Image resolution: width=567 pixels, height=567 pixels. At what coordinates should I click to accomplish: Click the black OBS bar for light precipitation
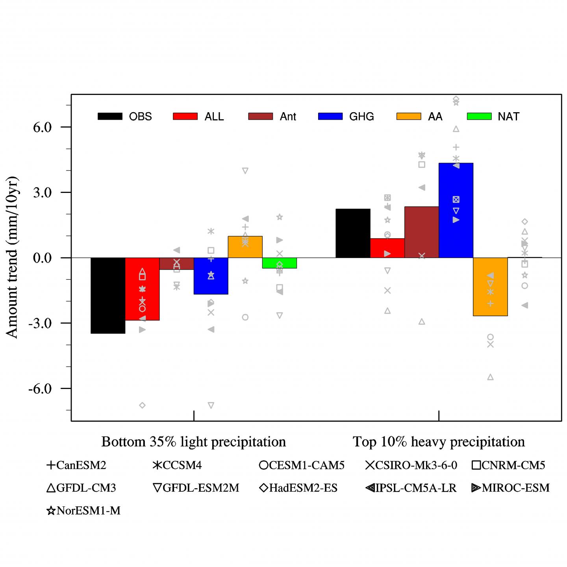[108, 295]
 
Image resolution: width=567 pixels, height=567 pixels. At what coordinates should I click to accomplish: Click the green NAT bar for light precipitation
[279, 263]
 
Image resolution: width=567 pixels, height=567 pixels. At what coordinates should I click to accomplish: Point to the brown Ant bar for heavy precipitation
[421, 232]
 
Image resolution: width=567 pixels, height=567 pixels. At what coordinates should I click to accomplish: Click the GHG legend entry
[346, 117]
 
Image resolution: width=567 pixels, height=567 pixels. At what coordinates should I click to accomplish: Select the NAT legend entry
[493, 117]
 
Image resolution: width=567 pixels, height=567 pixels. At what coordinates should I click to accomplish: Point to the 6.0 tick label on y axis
[43, 127]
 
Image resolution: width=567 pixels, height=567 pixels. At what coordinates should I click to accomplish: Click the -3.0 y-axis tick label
[41, 323]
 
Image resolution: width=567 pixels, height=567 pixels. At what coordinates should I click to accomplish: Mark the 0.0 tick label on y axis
[43, 258]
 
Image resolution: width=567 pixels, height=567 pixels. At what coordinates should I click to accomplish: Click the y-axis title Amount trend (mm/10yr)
[12, 257]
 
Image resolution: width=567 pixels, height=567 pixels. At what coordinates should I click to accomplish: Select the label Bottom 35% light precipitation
[193, 442]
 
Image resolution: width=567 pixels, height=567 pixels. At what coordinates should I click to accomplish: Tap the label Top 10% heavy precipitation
[439, 442]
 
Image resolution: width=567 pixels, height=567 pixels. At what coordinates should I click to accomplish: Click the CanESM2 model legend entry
[77, 465]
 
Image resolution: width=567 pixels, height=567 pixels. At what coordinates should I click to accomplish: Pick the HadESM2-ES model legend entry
[298, 488]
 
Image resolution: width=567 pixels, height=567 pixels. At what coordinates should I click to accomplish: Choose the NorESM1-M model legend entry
[84, 511]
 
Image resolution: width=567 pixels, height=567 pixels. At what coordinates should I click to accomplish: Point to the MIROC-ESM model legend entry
[510, 488]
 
